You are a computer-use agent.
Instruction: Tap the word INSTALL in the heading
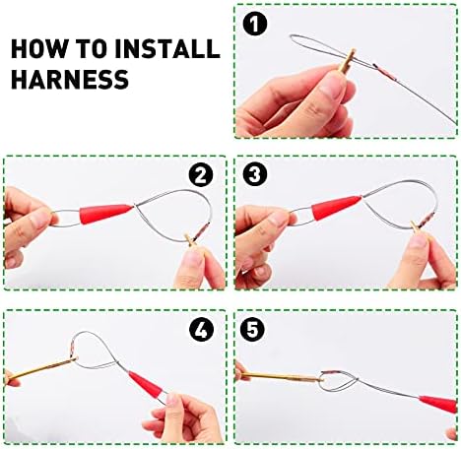tap(167, 49)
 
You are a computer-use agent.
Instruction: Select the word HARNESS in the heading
tap(70, 79)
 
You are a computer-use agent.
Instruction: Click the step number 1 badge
tap(255, 24)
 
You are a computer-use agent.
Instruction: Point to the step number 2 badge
tap(201, 175)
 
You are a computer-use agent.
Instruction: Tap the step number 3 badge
tap(255, 174)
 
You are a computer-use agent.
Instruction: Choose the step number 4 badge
tap(201, 329)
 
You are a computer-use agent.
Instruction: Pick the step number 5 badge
tap(252, 329)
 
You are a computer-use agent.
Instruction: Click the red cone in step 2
tap(105, 214)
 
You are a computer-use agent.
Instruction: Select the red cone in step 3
tap(336, 208)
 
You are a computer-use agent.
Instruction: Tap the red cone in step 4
tap(146, 384)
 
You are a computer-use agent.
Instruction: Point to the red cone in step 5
tap(438, 404)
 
